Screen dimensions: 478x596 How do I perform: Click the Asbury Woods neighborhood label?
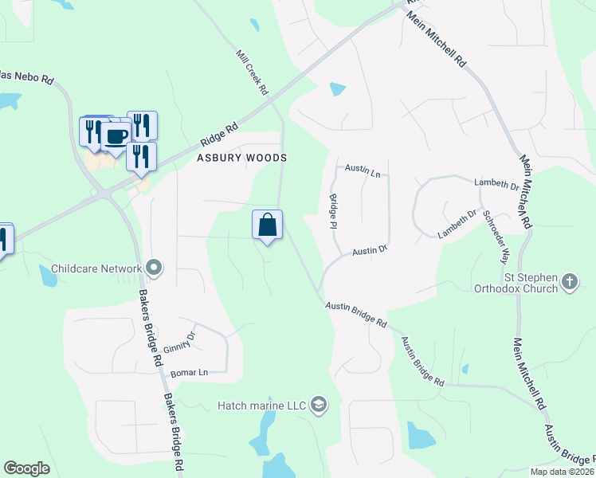pos(241,158)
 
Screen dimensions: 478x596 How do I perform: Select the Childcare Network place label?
pos(96,269)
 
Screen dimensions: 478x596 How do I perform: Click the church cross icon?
pos(569,281)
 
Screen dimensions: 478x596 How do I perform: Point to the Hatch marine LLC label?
pos(262,406)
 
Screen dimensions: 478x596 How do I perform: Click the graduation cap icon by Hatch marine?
pos(319,406)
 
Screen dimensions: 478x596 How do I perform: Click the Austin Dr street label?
pos(370,249)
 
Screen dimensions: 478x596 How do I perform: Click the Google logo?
pos(27,468)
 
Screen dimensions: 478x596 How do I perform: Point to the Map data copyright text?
pos(562,472)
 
